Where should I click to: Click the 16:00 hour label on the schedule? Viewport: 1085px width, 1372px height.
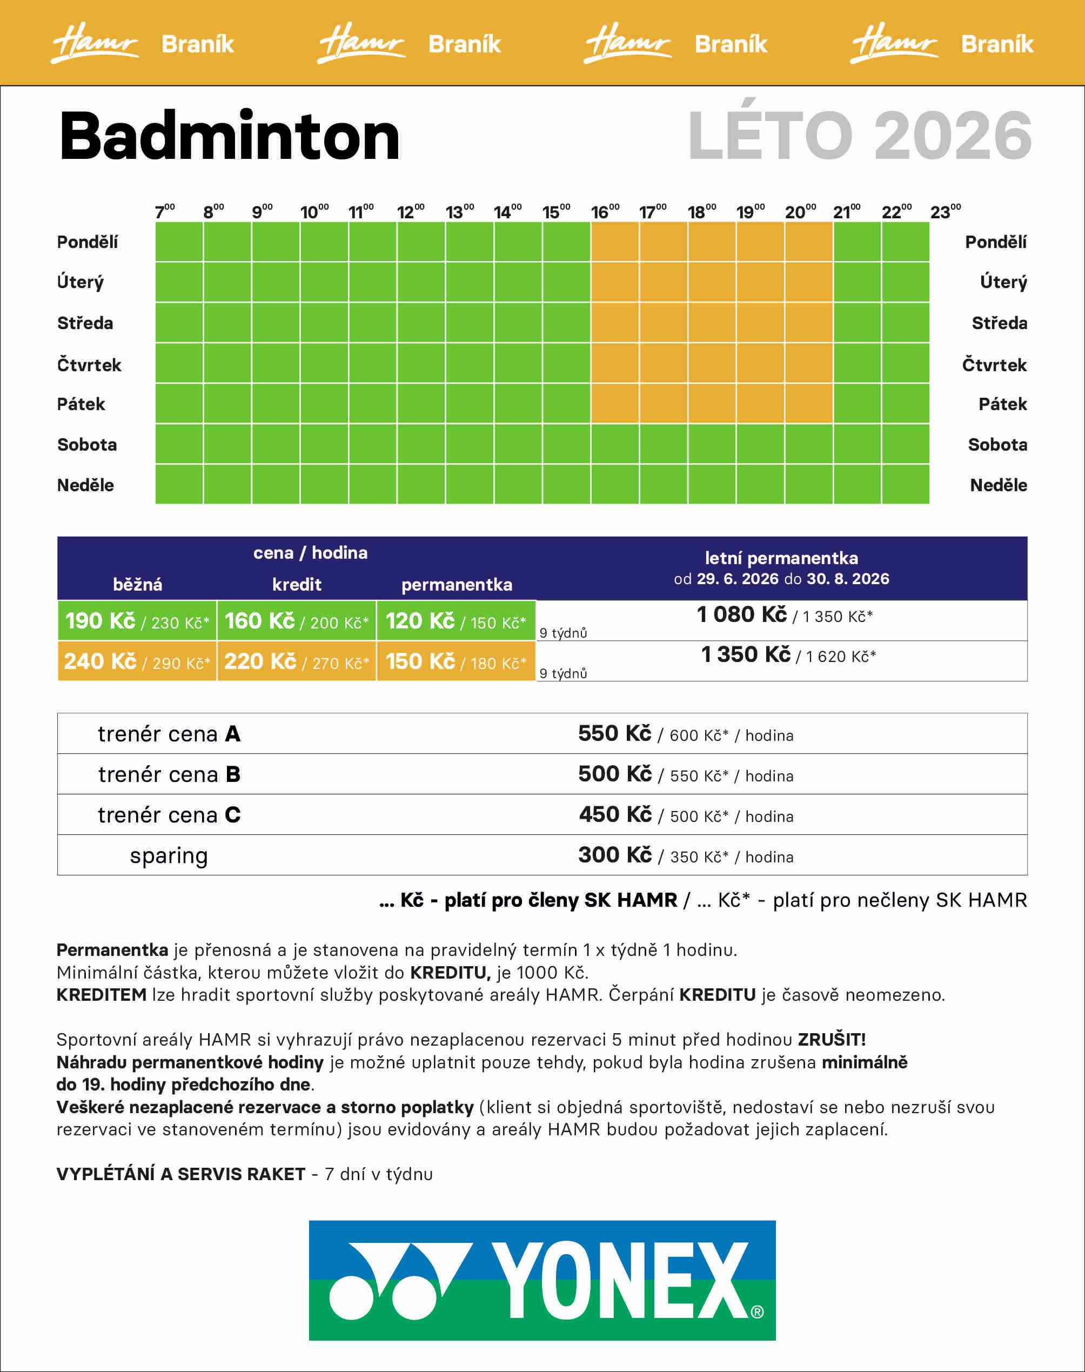tap(604, 211)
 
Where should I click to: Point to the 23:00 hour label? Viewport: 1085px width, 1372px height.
tap(945, 211)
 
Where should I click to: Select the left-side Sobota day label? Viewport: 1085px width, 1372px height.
tap(87, 445)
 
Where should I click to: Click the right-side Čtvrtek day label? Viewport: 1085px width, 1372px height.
tap(994, 365)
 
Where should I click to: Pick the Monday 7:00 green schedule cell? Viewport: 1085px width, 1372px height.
tap(179, 242)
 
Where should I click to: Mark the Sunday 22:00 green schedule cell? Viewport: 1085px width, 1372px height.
tap(905, 484)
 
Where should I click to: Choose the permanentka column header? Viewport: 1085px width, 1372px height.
tap(456, 584)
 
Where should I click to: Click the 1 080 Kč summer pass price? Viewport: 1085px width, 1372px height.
tap(741, 614)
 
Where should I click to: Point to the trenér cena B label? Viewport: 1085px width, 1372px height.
tap(169, 774)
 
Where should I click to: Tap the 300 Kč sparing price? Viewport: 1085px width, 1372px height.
tap(614, 855)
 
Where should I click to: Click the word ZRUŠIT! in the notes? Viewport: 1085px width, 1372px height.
tap(832, 1039)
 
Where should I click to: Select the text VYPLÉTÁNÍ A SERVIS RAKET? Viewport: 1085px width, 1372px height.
tap(181, 1174)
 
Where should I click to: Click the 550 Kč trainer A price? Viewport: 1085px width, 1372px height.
tap(614, 734)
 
